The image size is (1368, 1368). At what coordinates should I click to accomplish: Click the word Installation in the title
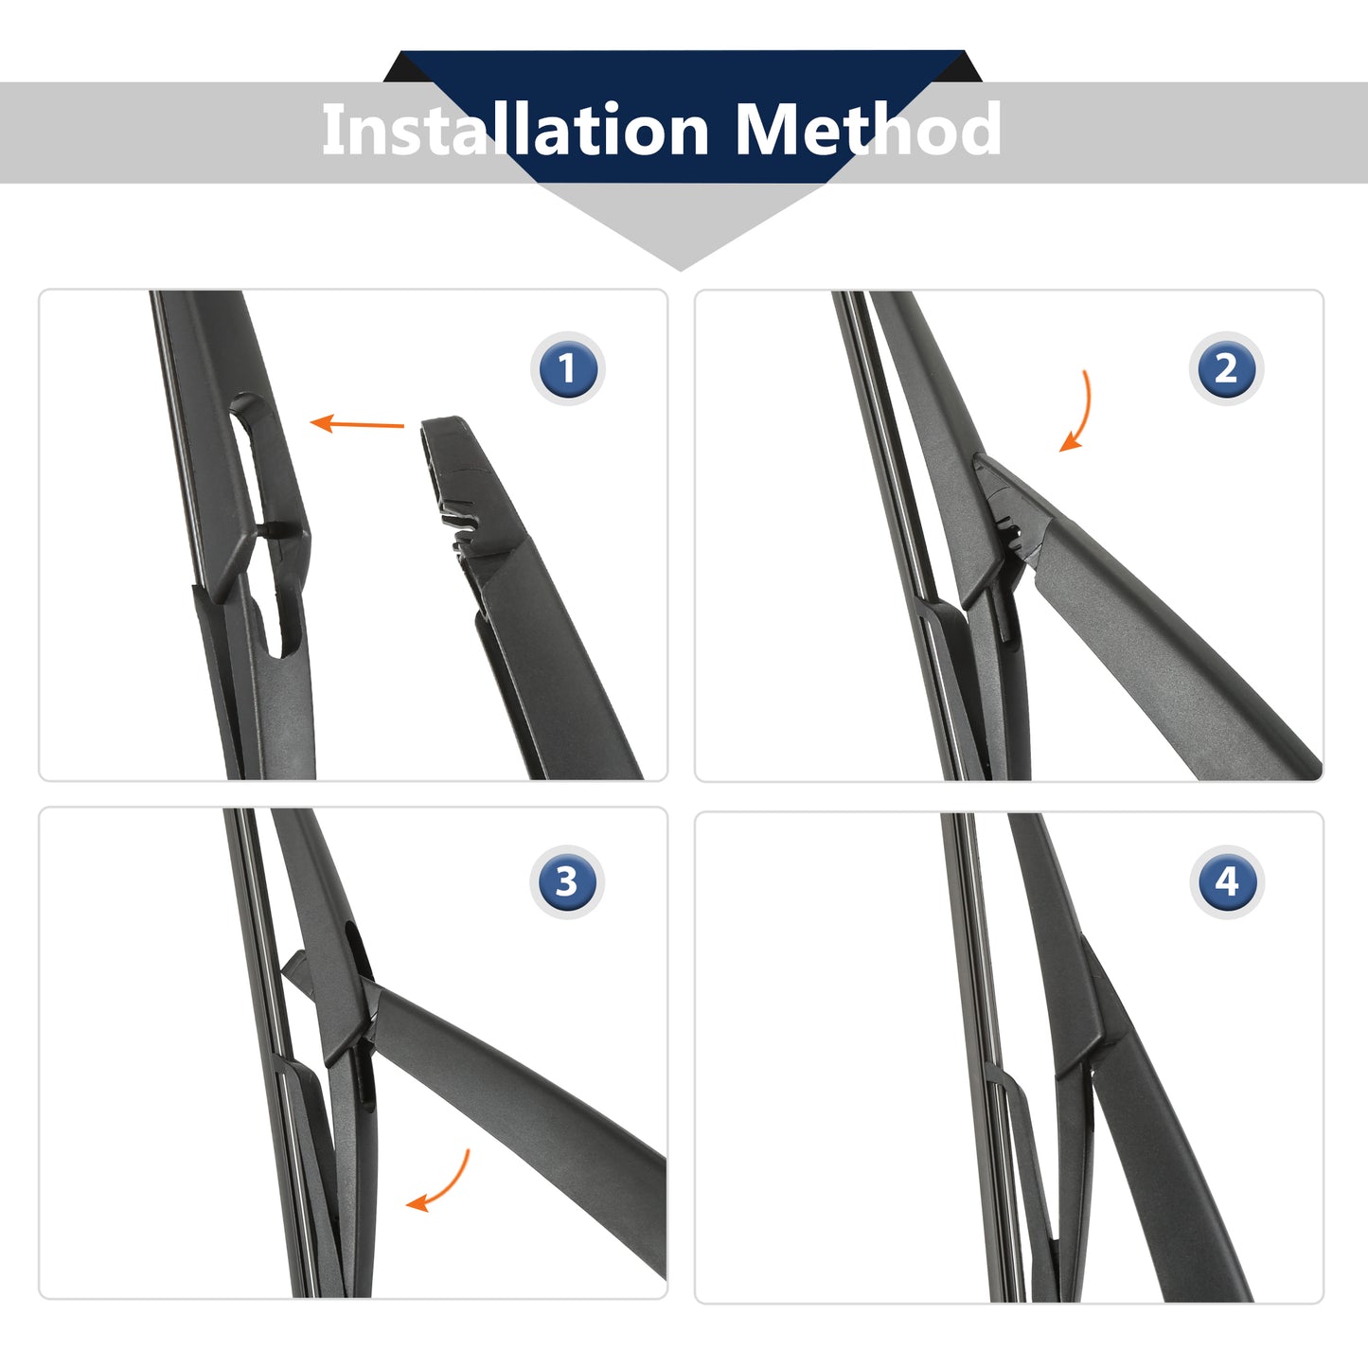[515, 129]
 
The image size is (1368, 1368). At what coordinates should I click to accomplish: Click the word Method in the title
[868, 129]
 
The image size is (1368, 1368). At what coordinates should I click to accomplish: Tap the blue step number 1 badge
[567, 368]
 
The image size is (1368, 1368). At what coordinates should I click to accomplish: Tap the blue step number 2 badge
[1226, 368]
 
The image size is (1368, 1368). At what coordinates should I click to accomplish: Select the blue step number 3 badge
[566, 881]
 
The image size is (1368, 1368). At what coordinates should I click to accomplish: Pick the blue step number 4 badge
[1226, 881]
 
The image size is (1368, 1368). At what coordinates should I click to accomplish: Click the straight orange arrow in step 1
[357, 424]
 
